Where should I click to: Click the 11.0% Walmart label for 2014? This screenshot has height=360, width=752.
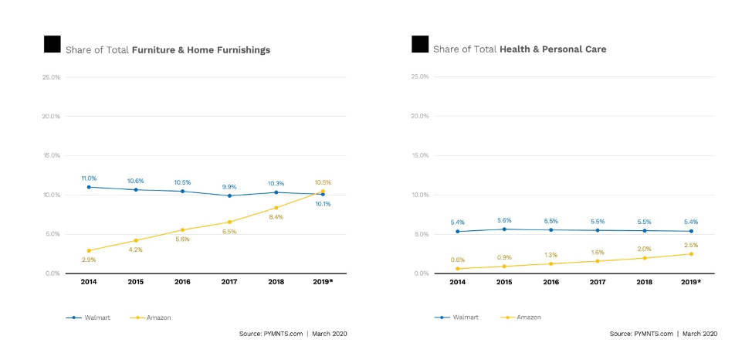click(89, 178)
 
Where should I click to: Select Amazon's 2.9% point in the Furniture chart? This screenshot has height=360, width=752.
click(89, 250)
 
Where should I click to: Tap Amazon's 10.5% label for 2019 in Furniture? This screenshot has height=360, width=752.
click(323, 182)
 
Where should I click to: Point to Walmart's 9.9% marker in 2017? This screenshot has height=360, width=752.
click(229, 195)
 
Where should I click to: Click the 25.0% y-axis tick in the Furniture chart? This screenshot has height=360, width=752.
click(52, 77)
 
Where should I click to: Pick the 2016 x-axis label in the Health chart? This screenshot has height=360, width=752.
click(550, 283)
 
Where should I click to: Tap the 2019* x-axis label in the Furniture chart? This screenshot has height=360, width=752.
click(323, 283)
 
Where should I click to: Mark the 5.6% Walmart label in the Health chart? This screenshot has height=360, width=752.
click(504, 220)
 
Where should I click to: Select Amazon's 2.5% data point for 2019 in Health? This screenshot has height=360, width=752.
click(691, 253)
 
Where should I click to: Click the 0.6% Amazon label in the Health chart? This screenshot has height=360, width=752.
click(457, 260)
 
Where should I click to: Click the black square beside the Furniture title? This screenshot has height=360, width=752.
click(52, 44)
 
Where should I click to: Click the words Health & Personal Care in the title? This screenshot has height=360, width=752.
click(553, 49)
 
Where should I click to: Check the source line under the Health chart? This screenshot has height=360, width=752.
click(663, 334)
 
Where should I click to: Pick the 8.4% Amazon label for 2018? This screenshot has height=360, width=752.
click(276, 217)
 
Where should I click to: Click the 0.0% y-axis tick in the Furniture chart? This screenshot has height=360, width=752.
click(52, 273)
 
